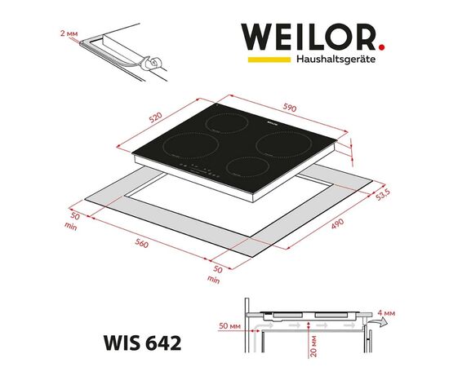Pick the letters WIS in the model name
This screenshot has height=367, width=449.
pyautogui.click(x=117, y=337)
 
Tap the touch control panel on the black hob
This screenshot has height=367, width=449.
pyautogui.click(x=199, y=170)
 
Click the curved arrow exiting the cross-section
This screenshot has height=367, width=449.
pyautogui.click(x=375, y=324)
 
